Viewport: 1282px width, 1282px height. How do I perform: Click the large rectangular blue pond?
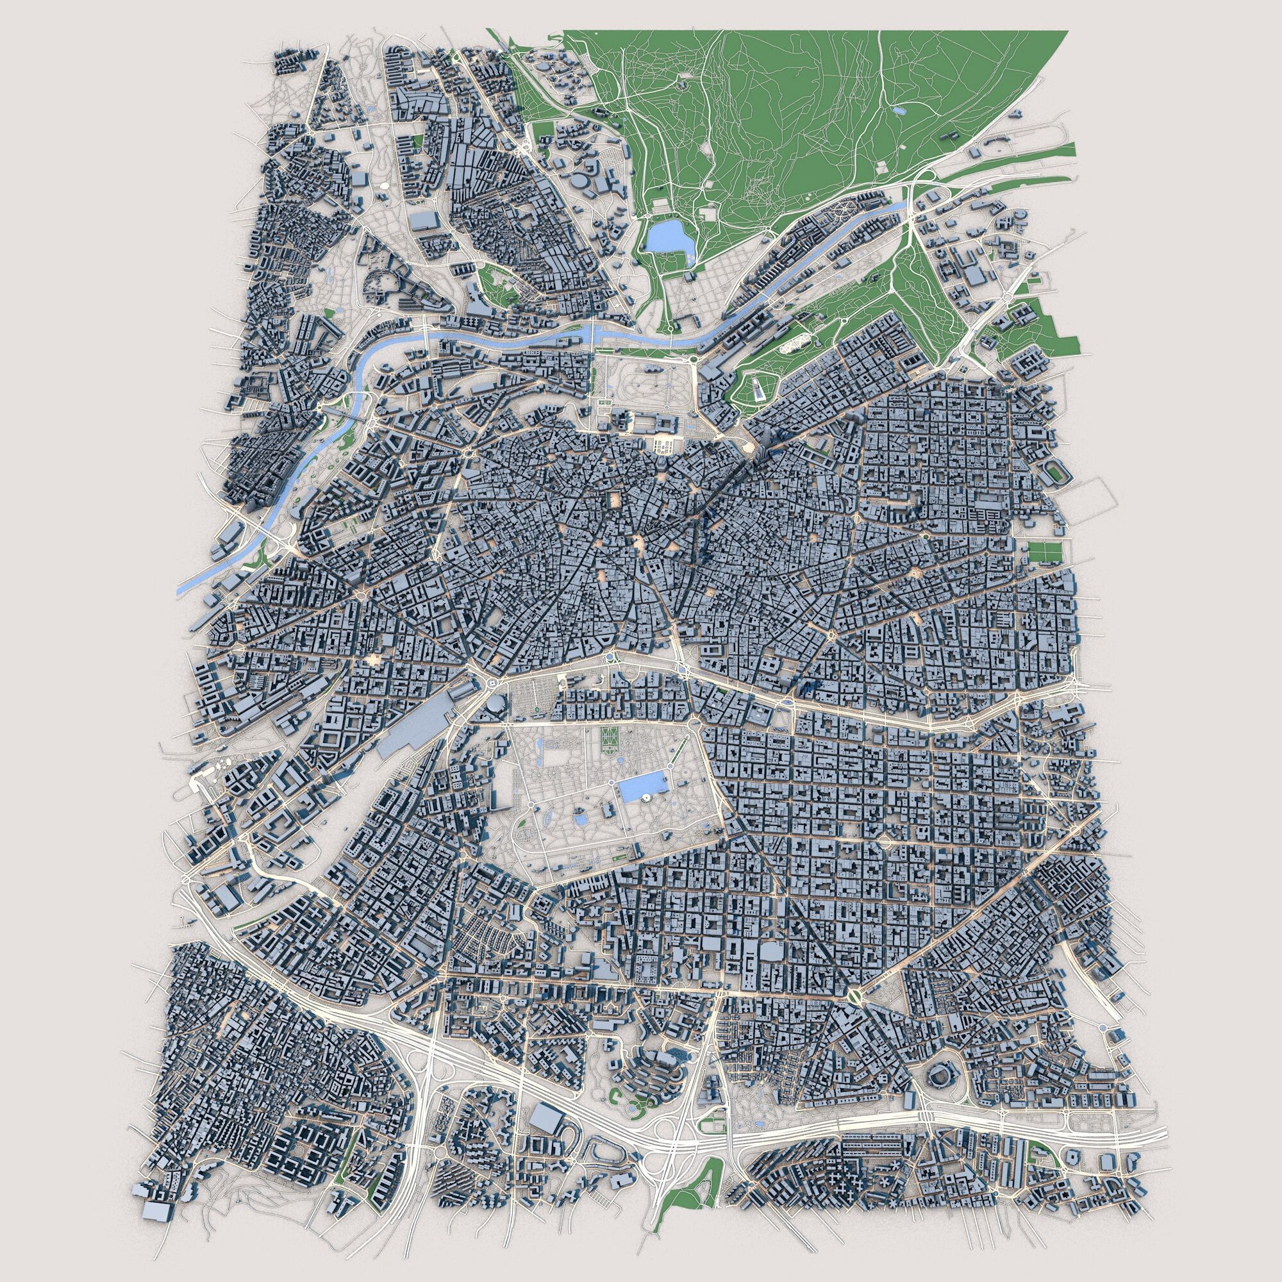(x=641, y=788)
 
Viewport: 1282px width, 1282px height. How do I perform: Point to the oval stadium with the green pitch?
(x=1056, y=473)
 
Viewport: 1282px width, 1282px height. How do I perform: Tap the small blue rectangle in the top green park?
(x=899, y=111)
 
